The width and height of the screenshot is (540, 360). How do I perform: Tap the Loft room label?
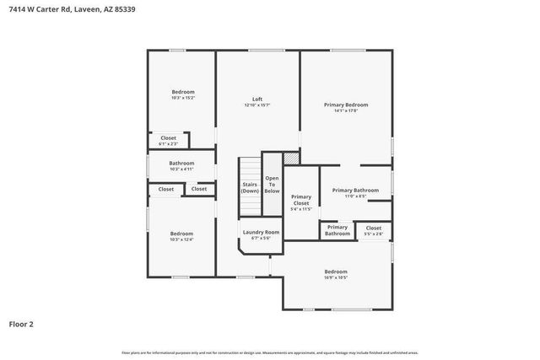(x=257, y=99)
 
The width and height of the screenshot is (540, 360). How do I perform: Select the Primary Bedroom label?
(x=346, y=105)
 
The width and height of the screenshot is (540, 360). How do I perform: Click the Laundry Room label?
(x=261, y=232)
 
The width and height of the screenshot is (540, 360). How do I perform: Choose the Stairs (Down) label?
(x=250, y=187)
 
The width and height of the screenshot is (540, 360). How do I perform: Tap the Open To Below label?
(x=272, y=185)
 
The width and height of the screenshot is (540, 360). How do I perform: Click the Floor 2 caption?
(x=21, y=323)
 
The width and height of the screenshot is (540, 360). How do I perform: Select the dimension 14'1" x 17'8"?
(x=346, y=111)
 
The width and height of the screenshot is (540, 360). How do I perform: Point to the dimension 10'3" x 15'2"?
(x=183, y=98)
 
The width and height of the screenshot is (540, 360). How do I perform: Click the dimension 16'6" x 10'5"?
(x=336, y=277)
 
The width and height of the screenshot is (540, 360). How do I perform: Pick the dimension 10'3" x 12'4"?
(x=181, y=239)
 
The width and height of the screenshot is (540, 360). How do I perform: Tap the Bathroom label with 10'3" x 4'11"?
(x=181, y=163)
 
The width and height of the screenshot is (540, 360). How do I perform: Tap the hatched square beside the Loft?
(x=291, y=158)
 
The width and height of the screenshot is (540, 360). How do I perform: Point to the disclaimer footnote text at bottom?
(x=270, y=352)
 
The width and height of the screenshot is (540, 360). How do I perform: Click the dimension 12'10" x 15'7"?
(x=257, y=105)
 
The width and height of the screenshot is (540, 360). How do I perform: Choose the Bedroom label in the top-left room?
(x=183, y=91)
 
